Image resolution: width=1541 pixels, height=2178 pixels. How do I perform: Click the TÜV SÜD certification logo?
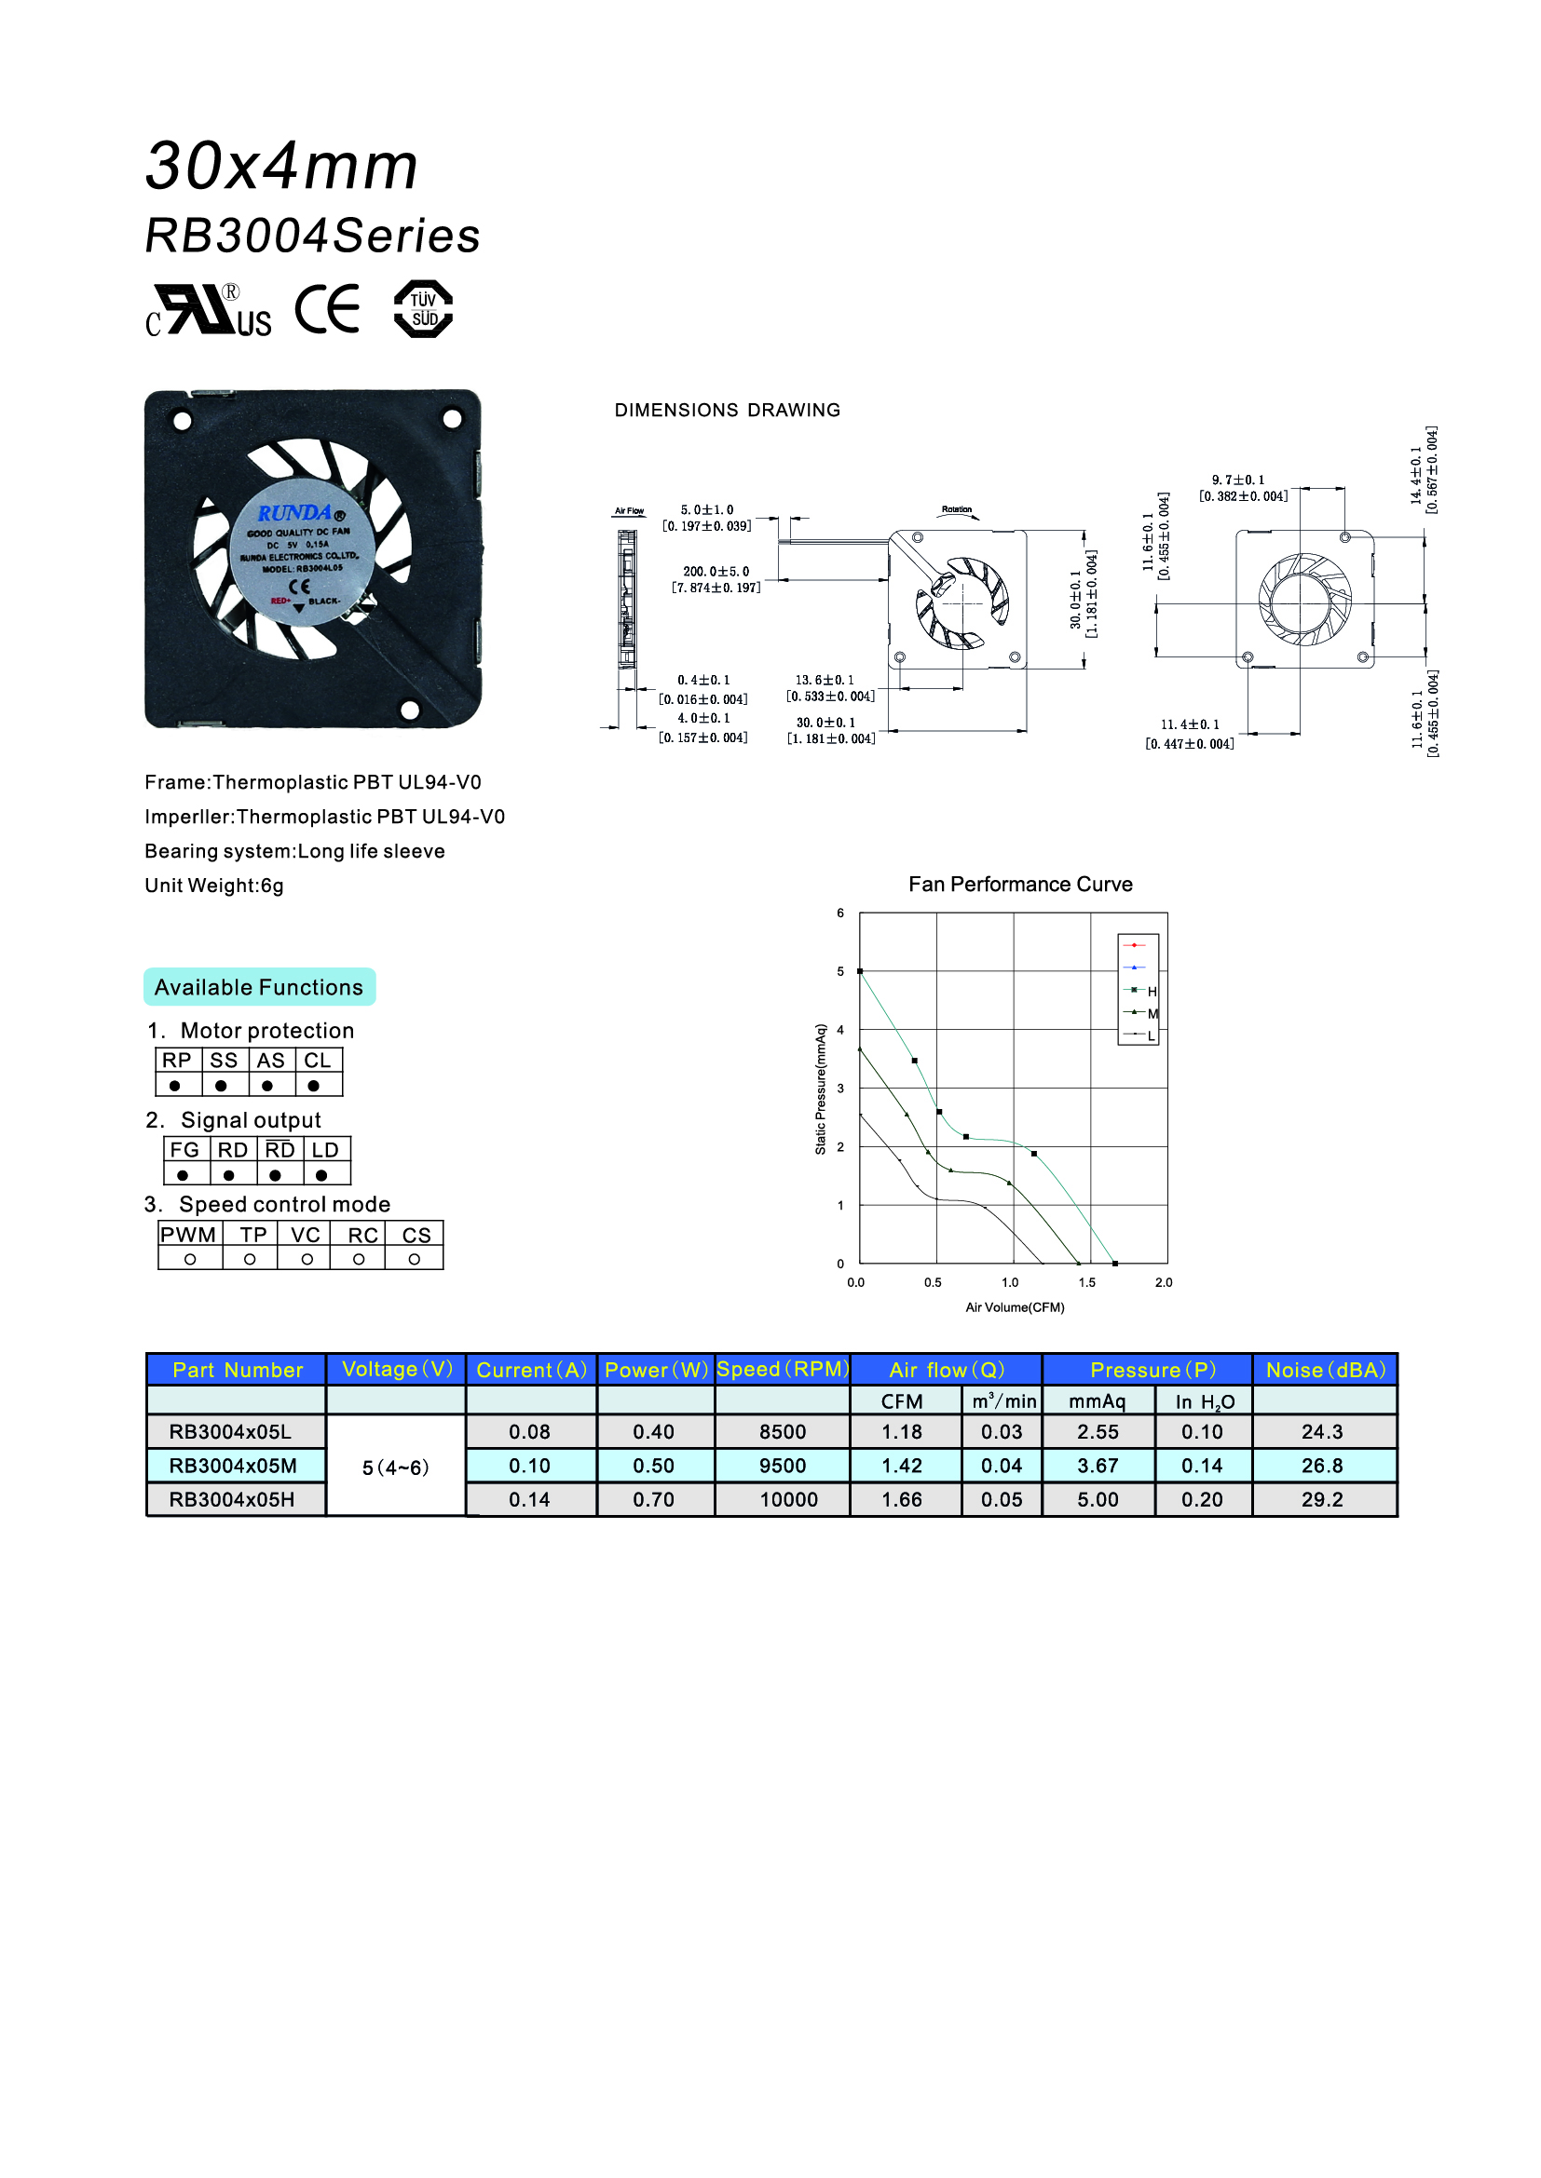[423, 309]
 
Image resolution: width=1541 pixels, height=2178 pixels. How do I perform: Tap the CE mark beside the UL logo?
[327, 309]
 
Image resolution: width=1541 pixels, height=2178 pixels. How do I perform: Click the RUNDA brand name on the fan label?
[295, 513]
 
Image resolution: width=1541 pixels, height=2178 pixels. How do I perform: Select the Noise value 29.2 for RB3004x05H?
[1322, 1500]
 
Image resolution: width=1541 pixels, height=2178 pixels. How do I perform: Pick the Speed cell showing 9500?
[782, 1466]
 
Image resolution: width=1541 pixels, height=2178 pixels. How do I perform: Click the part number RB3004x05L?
[230, 1431]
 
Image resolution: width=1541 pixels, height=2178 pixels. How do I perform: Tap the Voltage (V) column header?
[397, 1369]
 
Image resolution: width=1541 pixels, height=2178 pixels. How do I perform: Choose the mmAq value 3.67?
[1097, 1466]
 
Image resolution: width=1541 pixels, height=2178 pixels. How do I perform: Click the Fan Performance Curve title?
[1020, 884]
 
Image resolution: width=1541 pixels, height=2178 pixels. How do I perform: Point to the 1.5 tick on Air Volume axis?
[1087, 1282]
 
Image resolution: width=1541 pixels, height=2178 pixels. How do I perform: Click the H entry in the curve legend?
[1152, 992]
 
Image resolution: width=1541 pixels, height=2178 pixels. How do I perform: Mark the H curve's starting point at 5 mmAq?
[860, 971]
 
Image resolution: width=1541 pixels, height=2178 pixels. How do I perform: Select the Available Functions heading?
[259, 987]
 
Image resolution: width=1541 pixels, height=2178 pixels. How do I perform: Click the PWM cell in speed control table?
[188, 1235]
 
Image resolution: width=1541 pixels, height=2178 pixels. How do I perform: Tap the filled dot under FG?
[184, 1175]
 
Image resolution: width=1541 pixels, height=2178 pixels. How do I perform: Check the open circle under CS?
[415, 1260]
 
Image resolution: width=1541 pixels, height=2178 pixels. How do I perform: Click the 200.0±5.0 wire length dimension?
[716, 572]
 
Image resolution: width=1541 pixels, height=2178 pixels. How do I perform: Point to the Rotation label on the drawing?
[957, 510]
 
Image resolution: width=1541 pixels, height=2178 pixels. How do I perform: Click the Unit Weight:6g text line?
[214, 886]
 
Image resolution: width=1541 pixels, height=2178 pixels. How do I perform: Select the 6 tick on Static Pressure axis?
[840, 913]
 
